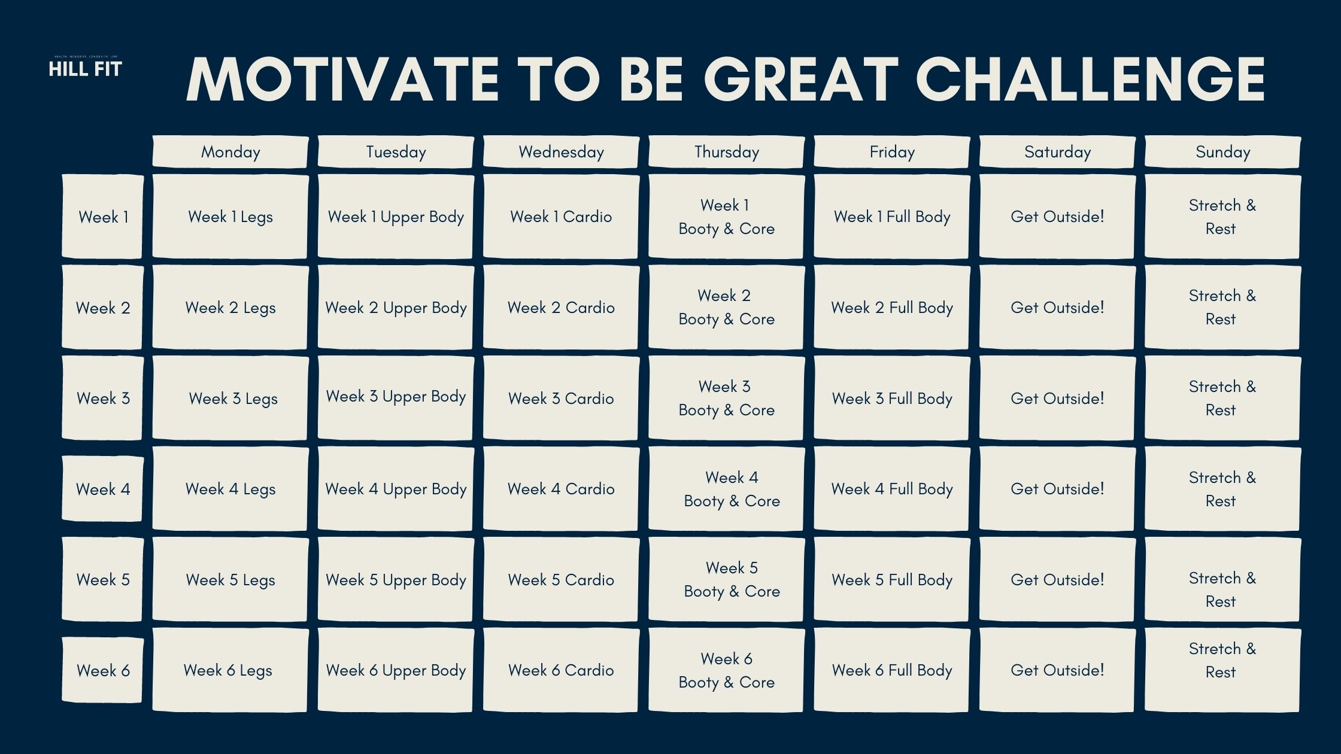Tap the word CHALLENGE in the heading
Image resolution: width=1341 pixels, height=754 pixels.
pyautogui.click(x=1090, y=80)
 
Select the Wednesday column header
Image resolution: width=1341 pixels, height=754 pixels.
pyautogui.click(x=561, y=152)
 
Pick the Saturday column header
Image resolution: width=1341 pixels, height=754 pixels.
pyautogui.click(x=1057, y=152)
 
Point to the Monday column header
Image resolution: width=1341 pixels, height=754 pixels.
pyautogui.click(x=230, y=152)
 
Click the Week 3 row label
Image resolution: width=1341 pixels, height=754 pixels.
pyautogui.click(x=103, y=399)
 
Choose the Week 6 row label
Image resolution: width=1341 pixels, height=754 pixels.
pyautogui.click(x=103, y=670)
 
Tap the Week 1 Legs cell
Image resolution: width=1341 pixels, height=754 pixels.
pyautogui.click(x=230, y=217)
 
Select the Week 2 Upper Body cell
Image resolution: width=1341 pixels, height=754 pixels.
pyautogui.click(x=396, y=308)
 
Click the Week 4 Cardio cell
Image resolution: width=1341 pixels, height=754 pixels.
pyautogui.click(x=561, y=489)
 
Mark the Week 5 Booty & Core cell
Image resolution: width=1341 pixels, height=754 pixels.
pyautogui.click(x=727, y=579)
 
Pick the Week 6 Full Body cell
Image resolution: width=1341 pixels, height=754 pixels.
pyautogui.click(x=892, y=670)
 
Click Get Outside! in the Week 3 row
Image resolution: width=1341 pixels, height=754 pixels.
pyautogui.click(x=1057, y=399)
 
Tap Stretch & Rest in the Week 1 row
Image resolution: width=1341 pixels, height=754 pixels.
pyautogui.click(x=1222, y=217)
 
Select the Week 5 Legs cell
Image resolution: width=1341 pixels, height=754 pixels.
pyautogui.click(x=230, y=579)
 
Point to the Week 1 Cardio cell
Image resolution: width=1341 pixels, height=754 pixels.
pyautogui.click(x=561, y=217)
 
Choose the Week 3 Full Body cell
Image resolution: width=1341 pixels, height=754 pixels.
pyautogui.click(x=892, y=399)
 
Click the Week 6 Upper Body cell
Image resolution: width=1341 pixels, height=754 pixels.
pyautogui.click(x=396, y=670)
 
